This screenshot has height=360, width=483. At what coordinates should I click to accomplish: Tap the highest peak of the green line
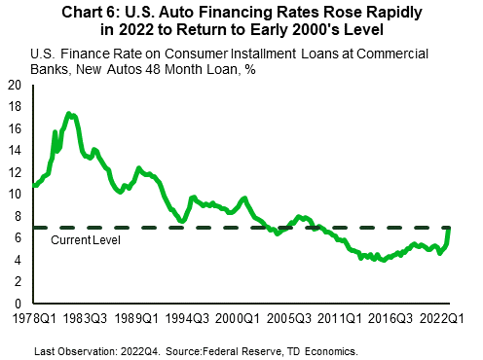click(x=69, y=114)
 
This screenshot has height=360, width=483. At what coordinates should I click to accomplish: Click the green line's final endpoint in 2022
click(x=450, y=229)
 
